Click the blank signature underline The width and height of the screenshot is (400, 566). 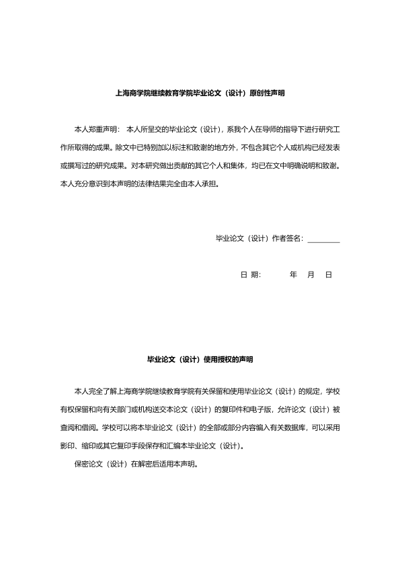[x=323, y=239]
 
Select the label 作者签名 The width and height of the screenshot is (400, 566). [x=288, y=238]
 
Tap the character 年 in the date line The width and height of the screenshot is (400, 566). [x=293, y=275]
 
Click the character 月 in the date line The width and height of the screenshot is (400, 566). [x=311, y=275]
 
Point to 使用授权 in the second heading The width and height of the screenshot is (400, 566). [x=217, y=360]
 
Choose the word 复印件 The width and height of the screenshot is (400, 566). [x=237, y=409]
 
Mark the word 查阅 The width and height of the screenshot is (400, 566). [x=67, y=427]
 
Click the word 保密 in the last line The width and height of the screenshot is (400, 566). [x=81, y=462]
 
